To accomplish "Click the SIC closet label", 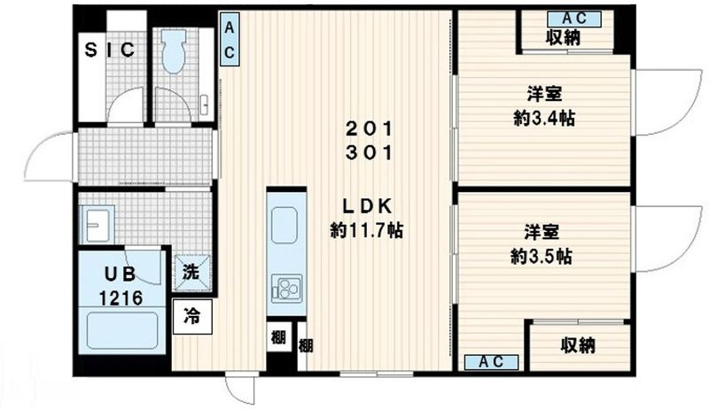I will click(110, 50).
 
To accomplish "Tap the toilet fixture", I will click(173, 55).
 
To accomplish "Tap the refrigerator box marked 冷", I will click(192, 314).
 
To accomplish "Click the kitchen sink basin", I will click(286, 225).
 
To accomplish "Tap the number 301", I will click(368, 151).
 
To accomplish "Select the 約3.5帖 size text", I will click(540, 257).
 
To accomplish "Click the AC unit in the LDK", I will click(229, 42).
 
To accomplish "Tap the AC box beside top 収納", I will click(564, 17).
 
